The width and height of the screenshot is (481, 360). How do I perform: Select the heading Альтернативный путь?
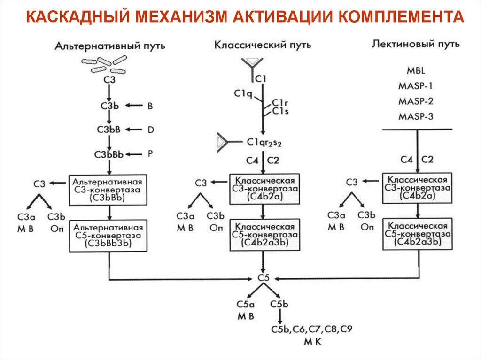point(110,46)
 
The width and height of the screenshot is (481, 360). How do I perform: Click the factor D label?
point(150,130)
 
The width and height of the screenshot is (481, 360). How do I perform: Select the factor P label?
point(150,153)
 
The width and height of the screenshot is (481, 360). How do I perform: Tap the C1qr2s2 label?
point(264,142)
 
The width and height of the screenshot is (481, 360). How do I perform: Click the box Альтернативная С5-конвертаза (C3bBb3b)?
point(109,235)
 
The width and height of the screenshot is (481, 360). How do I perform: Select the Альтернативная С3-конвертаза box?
point(109,189)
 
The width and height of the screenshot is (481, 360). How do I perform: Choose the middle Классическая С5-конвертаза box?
point(264,234)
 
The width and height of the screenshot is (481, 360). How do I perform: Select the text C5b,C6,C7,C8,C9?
point(310,329)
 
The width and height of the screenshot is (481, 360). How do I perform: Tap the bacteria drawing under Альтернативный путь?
point(105,64)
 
